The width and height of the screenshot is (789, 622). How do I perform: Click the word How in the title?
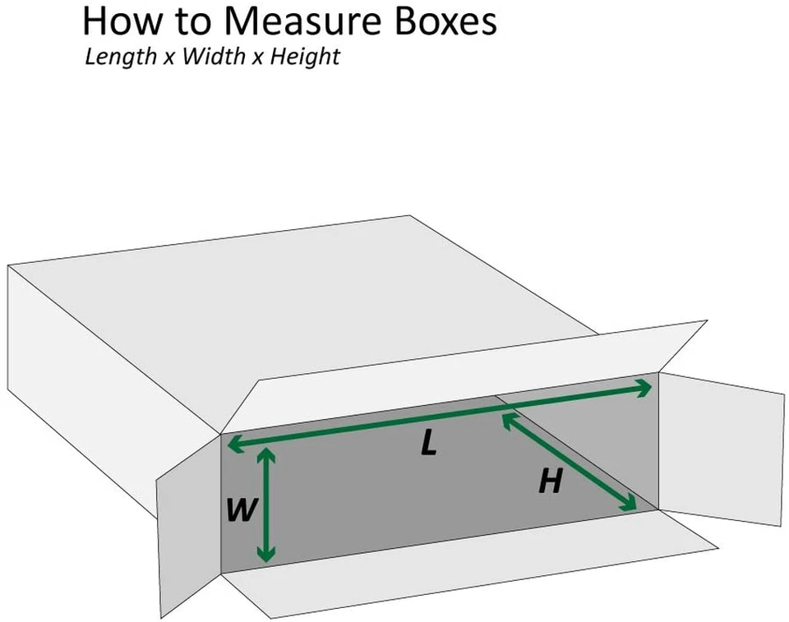[117, 21]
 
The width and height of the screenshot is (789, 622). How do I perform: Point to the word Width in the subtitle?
[212, 58]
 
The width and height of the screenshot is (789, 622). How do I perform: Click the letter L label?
[428, 445]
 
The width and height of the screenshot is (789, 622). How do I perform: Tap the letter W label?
[240, 511]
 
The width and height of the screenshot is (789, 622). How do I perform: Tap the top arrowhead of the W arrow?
[265, 454]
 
